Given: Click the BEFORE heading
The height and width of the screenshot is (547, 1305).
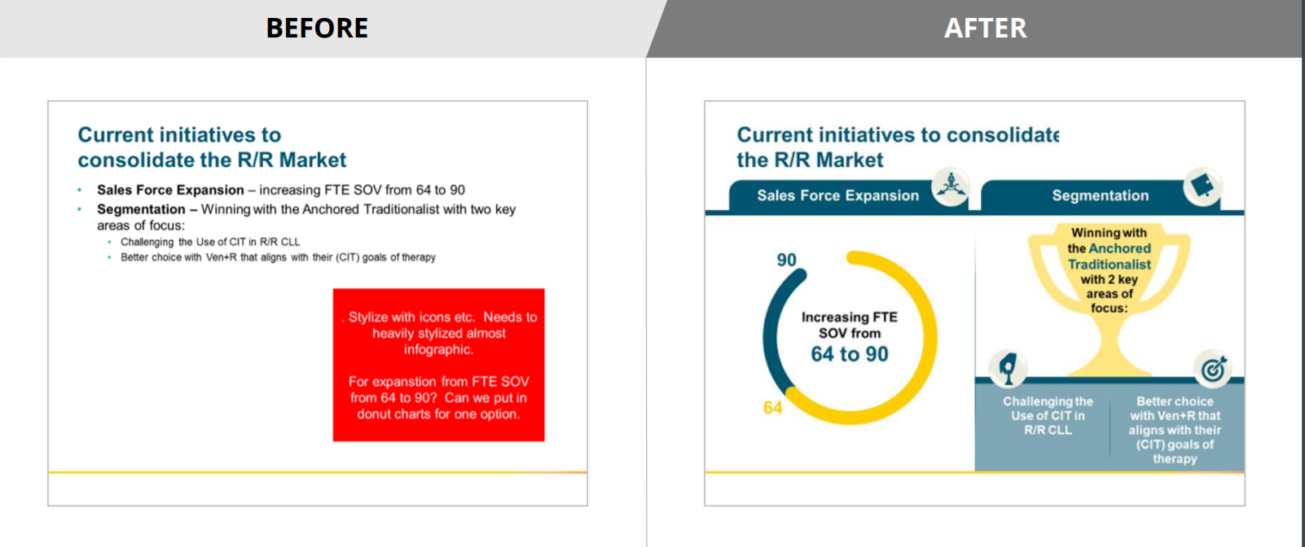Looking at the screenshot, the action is click(317, 28).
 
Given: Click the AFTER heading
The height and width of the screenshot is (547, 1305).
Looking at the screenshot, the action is click(985, 28).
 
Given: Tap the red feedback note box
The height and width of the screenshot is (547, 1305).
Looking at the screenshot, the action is click(439, 365).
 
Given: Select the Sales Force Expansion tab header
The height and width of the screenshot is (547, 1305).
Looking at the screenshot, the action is click(837, 195).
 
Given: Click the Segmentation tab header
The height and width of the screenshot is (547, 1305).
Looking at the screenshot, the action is click(1100, 195).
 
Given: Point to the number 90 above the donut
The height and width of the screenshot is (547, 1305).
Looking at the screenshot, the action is click(786, 260).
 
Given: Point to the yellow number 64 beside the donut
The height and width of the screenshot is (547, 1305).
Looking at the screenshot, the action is click(773, 407).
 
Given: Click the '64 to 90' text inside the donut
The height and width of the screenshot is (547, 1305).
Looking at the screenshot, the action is click(850, 354).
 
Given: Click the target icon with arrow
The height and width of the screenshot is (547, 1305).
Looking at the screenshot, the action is click(1213, 369).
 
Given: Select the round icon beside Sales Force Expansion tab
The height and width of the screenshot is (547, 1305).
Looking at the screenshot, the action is click(951, 186).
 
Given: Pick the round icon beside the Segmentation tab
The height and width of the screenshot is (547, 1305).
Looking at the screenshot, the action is click(1202, 186).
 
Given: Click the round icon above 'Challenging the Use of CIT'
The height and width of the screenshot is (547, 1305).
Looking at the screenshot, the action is click(1008, 369).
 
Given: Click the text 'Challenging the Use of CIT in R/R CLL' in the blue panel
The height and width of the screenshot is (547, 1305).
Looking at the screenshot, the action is click(1048, 415).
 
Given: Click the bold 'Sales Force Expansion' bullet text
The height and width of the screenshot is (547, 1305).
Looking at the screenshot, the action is click(170, 190).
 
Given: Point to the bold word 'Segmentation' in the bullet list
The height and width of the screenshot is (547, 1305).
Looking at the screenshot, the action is click(141, 209).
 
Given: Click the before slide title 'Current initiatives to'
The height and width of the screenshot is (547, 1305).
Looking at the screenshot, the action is click(179, 135).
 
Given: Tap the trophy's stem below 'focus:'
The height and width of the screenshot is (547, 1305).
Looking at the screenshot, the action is click(1109, 344).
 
